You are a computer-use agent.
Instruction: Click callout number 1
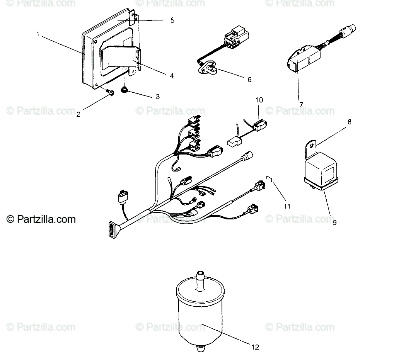[x=38, y=34]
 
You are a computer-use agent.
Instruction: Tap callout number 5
[x=172, y=20]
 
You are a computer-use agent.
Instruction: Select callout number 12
[x=255, y=347]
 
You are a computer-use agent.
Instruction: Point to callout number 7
[x=301, y=104]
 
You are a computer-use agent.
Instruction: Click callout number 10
[x=259, y=100]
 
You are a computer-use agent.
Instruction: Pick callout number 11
[x=287, y=206]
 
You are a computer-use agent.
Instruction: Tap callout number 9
[x=334, y=222]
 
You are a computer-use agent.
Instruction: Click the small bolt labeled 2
[x=110, y=92]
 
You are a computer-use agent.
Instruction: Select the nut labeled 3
[x=123, y=90]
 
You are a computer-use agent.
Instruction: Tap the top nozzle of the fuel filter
[x=200, y=281]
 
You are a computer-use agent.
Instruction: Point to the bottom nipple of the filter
[x=200, y=348]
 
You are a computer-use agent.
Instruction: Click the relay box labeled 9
[x=321, y=173]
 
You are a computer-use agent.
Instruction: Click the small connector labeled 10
[x=260, y=125]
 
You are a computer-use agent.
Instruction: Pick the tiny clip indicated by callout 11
[x=269, y=178]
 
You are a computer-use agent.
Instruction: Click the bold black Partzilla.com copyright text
[x=41, y=219]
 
